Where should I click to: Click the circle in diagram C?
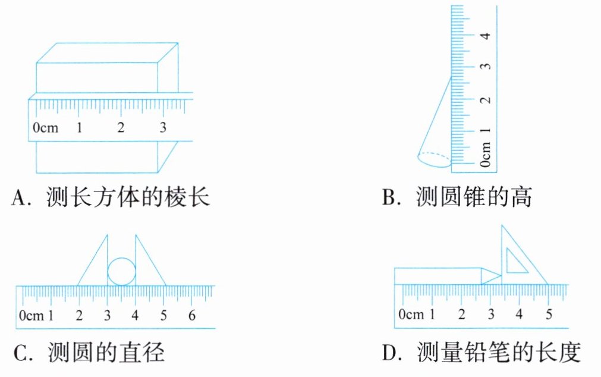pos(121,272)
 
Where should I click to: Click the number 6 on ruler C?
pos(191,315)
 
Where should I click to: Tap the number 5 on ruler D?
pos(548,314)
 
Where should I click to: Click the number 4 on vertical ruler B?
pos(487,35)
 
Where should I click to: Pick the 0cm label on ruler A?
pos(45,127)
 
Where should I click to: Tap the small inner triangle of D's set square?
pos(515,262)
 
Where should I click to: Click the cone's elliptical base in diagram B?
pos(435,159)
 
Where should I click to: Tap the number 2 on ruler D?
pos(461,314)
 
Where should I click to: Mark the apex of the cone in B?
pos(451,77)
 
